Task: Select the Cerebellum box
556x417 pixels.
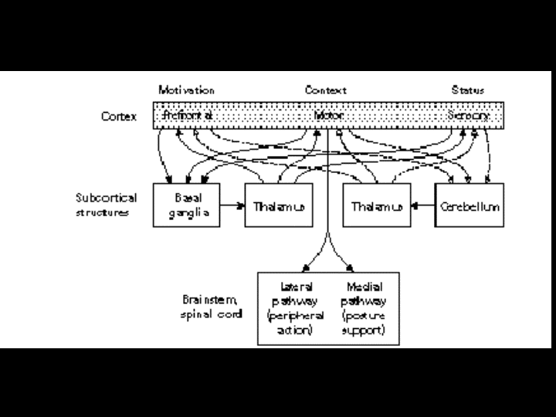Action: point(470,205)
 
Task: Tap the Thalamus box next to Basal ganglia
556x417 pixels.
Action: point(278,205)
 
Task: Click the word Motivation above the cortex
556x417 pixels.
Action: point(186,90)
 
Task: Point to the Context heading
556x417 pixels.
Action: point(325,90)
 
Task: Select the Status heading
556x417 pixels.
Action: point(468,90)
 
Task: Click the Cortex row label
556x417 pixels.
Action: point(119,117)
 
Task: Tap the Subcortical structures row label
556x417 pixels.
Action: point(107,204)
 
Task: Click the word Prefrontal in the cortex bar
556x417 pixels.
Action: point(188,116)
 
